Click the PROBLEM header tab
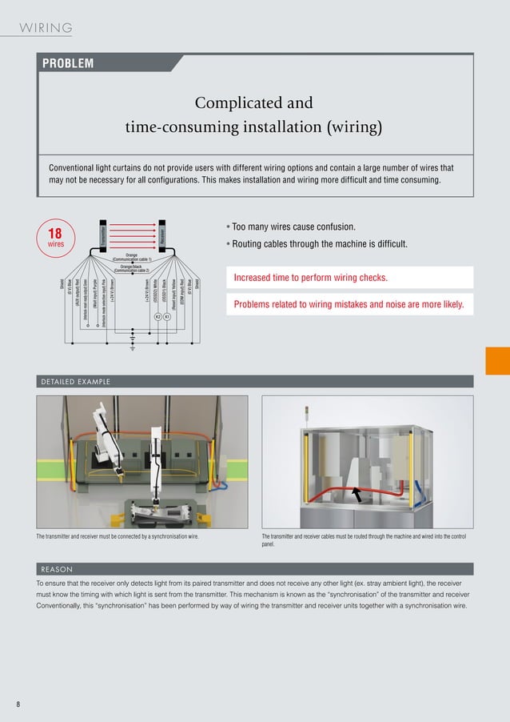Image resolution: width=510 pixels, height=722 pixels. [x=69, y=63]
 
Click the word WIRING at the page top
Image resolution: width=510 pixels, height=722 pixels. [x=46, y=28]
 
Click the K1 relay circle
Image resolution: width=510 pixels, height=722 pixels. [x=166, y=317]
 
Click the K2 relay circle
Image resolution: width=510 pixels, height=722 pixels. [x=157, y=317]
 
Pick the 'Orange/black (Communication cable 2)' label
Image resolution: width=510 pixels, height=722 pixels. [x=132, y=269]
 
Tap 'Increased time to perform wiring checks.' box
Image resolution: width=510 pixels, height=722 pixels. [x=349, y=278]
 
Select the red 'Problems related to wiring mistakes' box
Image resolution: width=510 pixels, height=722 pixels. [x=349, y=305]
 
